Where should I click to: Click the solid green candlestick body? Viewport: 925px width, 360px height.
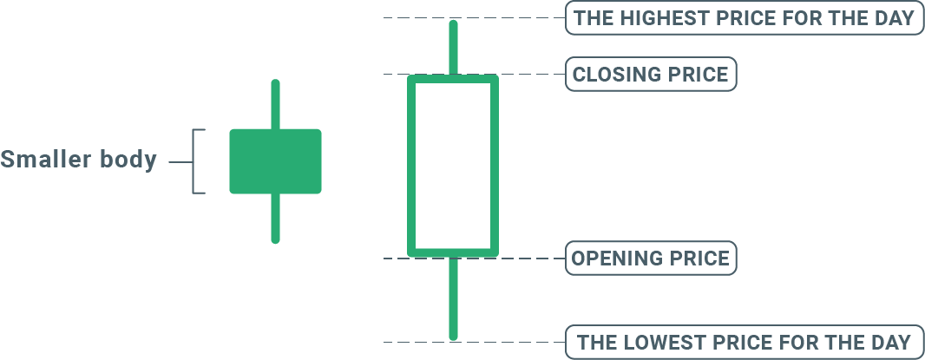pos(275,161)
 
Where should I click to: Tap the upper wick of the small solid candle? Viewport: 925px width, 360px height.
pos(275,104)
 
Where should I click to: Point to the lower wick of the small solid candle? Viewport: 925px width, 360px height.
pos(275,218)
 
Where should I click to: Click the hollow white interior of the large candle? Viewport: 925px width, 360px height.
pos(453,165)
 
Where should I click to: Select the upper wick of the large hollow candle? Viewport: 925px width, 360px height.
pos(452,49)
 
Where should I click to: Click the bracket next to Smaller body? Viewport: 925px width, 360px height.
pos(197,161)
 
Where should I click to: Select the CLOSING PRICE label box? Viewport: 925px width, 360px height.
pos(651,74)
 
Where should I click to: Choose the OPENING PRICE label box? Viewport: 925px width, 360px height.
pos(651,259)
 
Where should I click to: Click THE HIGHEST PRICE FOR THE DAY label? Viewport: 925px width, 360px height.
pos(744,17)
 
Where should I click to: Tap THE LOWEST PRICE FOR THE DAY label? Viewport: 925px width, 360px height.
pos(744,342)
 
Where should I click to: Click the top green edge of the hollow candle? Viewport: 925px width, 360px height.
pos(453,79)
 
